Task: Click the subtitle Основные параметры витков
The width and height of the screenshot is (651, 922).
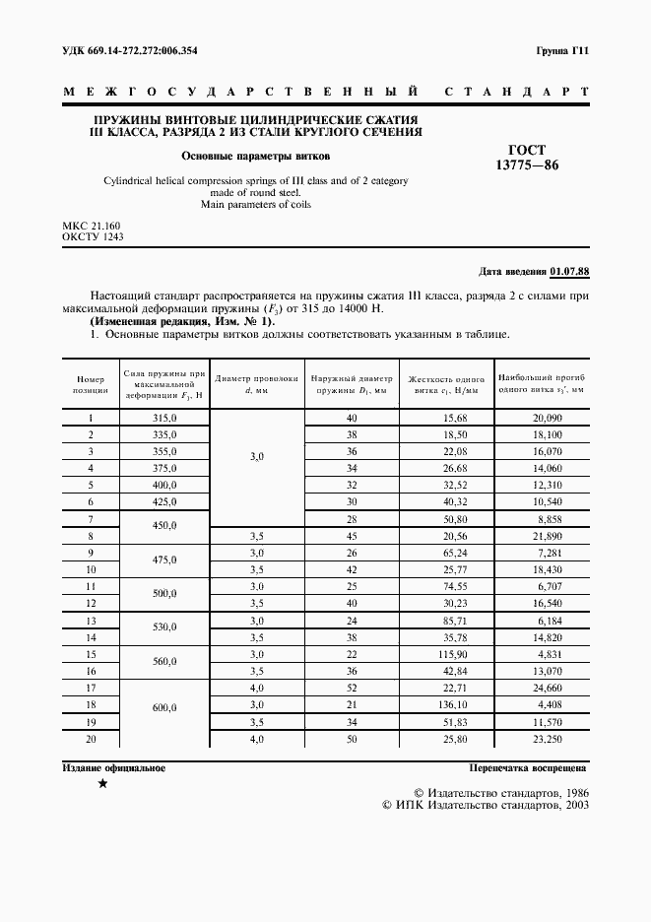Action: point(255,156)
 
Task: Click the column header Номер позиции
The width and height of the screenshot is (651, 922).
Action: point(90,384)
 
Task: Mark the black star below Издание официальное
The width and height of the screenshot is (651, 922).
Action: point(102,784)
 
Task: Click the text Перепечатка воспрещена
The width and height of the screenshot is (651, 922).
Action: point(528,767)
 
